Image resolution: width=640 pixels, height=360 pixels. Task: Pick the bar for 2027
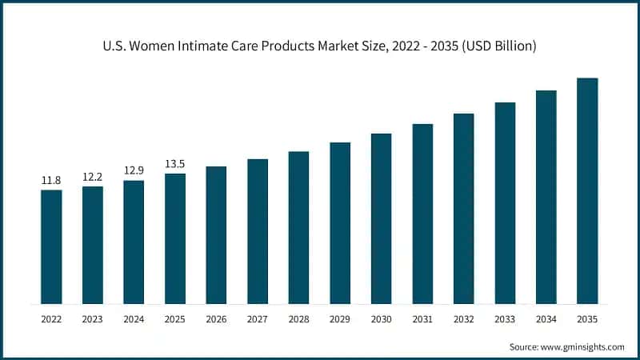coord(258,231)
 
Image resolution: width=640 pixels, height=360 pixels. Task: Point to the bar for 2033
coord(505,203)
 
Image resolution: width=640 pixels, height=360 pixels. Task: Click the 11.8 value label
coord(51,180)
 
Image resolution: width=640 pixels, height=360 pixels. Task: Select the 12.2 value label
coord(93,177)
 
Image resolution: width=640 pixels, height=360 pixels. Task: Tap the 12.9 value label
coord(134,170)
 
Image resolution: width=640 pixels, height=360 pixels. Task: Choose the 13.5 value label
coord(175,164)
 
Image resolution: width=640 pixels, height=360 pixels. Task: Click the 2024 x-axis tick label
coord(134,319)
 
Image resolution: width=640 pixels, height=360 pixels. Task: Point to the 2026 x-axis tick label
coord(216,319)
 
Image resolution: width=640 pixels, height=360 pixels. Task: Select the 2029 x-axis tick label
coord(340,319)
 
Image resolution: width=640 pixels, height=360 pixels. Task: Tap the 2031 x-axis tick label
coord(422,319)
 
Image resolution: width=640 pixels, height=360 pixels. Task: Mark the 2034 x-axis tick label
coord(546,319)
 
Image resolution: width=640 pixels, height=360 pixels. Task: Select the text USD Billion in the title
coord(497,46)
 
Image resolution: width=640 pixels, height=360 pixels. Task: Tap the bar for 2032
coord(464,209)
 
